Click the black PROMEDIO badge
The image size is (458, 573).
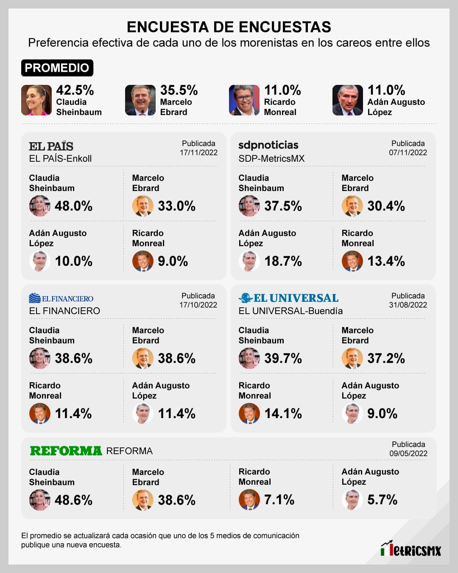57,68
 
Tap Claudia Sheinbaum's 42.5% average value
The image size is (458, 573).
75,90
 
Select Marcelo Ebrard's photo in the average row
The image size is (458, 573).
140,100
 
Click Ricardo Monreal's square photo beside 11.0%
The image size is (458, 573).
244,100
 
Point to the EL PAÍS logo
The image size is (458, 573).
51,146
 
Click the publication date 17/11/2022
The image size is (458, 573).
198,152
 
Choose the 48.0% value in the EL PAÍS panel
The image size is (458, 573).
73,206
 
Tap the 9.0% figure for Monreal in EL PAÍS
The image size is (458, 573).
173,261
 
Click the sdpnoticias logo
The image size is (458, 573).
268,145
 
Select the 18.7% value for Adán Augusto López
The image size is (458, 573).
283,261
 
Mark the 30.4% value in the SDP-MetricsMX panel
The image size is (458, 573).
386,206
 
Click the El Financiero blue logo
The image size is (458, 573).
61,298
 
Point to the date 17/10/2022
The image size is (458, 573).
198,305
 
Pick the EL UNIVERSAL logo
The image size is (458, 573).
288,298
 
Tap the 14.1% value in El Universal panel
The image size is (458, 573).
283,413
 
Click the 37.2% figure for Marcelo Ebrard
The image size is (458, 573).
386,358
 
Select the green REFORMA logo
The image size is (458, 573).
66,451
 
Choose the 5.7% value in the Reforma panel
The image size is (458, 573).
382,500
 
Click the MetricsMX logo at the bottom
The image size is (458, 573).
411,549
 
